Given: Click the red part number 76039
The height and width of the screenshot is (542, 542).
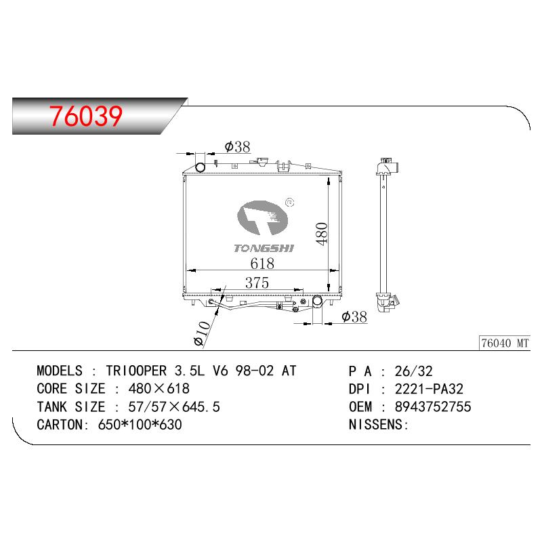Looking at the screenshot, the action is click(86, 115).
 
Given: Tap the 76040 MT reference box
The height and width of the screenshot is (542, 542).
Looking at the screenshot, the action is click(505, 343).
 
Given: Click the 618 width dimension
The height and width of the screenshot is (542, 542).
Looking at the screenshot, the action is click(262, 264).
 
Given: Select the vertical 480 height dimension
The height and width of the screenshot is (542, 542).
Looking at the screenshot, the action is click(321, 234).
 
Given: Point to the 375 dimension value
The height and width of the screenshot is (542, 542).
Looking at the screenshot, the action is click(257, 283).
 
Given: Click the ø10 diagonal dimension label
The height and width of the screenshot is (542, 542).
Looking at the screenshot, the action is click(202, 333).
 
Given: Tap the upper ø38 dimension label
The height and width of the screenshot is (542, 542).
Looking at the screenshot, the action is click(237, 146).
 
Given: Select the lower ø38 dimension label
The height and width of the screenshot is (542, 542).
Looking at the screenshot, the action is click(354, 316).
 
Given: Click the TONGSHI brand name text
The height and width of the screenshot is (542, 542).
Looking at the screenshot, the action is click(264, 248).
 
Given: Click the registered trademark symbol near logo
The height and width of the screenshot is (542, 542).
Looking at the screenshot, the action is click(290, 203).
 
